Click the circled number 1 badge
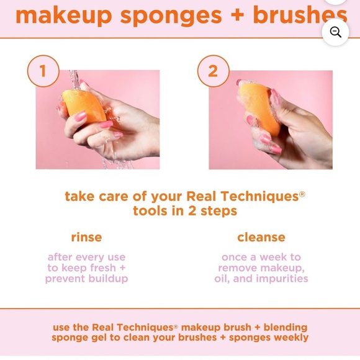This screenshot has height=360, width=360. pos(43,71)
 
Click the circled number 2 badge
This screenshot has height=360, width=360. pos(213,71)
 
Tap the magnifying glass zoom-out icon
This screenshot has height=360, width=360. pos(335,32)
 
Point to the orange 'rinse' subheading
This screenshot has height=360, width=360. pos(86,237)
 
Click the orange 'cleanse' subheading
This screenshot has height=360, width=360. pos(261,237)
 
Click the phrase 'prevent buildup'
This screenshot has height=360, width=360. pos(86,279)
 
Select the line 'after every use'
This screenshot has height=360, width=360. pos(86,257)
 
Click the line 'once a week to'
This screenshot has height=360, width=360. pos(261,257)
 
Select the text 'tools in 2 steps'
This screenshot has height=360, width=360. pos(185,211)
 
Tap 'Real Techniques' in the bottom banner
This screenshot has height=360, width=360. pos(131,327)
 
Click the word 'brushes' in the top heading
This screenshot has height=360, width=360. pos(304,15)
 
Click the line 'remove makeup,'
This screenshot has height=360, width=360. pos(261,268)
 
